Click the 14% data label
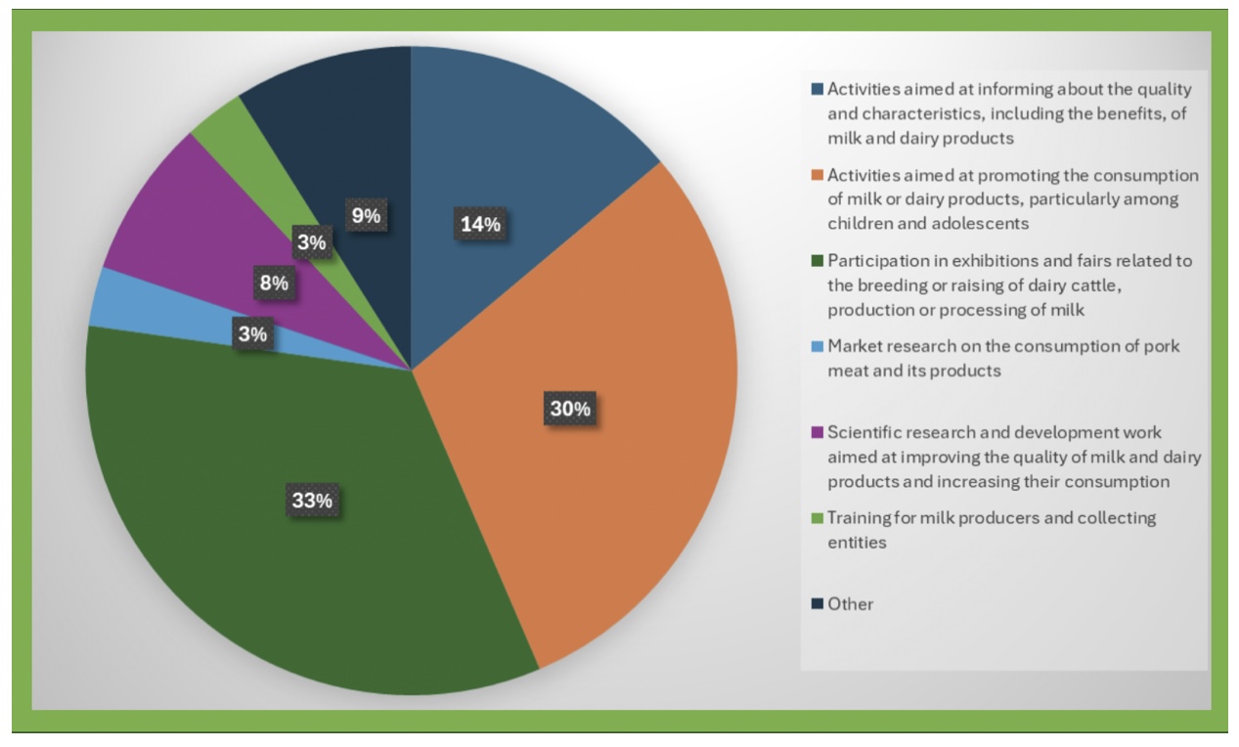click(x=480, y=224)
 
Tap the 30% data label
click(x=569, y=409)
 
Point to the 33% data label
click(x=313, y=501)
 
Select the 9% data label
click(x=366, y=216)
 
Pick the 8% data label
click(x=274, y=284)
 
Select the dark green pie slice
click(x=293, y=567)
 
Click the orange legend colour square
click(x=818, y=176)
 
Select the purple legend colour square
click(x=818, y=432)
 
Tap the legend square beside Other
click(x=818, y=604)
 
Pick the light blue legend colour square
click(x=818, y=347)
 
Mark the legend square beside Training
click(x=818, y=518)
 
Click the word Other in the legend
click(x=851, y=604)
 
